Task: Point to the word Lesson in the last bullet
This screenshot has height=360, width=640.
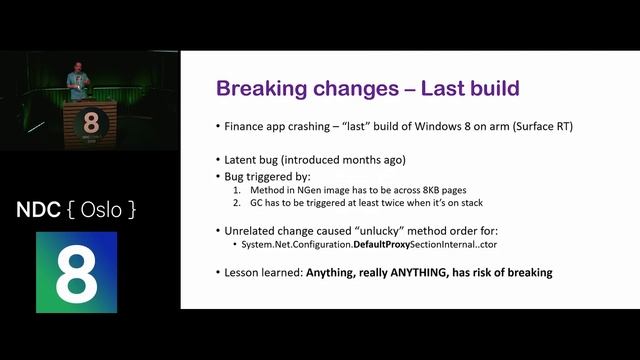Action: coord(245,272)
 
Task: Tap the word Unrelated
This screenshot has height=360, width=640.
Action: coord(251,229)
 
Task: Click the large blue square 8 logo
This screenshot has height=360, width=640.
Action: coord(77,267)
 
